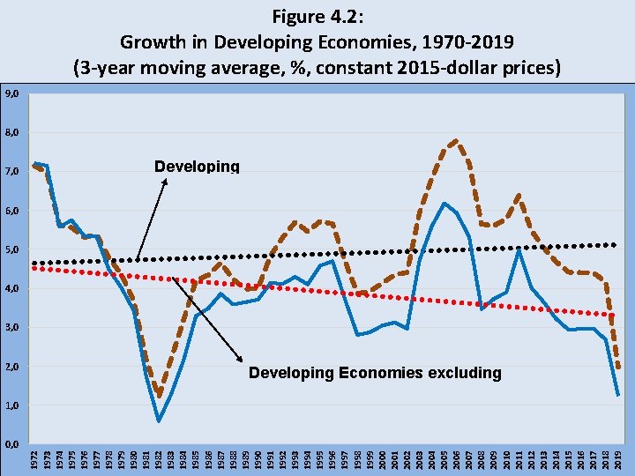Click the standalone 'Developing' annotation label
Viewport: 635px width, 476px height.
coord(197,167)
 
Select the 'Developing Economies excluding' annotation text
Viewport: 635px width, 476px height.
coord(375,373)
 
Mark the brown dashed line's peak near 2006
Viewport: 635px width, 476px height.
coord(455,140)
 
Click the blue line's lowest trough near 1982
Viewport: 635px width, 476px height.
coord(159,421)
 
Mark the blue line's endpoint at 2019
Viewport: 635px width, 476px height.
coord(618,394)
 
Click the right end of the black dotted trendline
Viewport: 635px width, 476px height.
coord(616,244)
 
